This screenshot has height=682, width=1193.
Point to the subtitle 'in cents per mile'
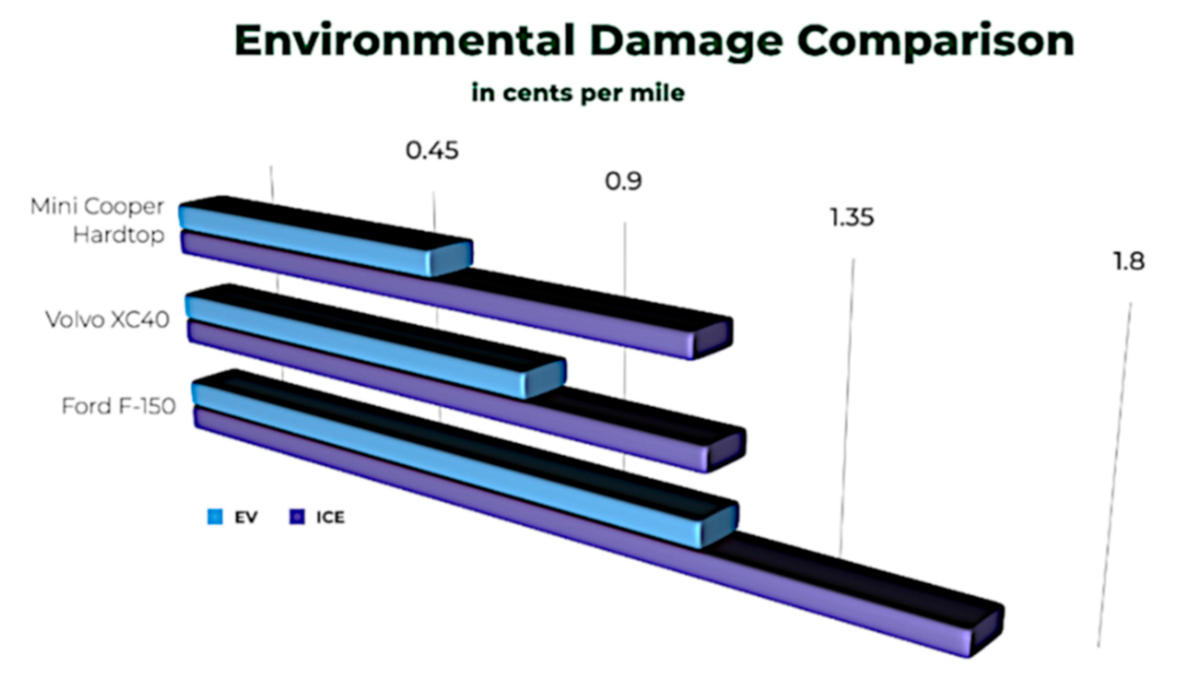click(x=578, y=93)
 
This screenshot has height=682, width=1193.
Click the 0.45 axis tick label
click(x=432, y=150)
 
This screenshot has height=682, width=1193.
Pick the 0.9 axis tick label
click(x=623, y=182)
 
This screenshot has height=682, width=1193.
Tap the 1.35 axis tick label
click(x=852, y=217)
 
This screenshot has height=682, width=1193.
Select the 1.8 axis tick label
click(x=1129, y=262)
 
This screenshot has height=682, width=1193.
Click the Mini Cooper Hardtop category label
click(x=98, y=221)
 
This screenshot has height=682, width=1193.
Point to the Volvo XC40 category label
click(x=107, y=320)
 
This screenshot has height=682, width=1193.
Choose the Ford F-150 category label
click(x=119, y=406)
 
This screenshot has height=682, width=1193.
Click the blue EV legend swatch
click(x=215, y=517)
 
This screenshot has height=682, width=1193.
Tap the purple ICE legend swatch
click(x=297, y=517)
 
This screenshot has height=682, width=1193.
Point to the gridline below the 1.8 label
click(x=1114, y=475)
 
